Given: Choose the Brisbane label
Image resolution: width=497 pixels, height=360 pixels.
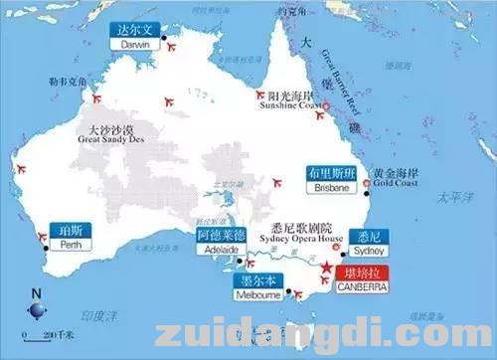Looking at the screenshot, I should tap(330, 179).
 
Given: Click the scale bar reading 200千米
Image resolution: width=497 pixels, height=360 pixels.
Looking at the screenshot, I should tap(38, 336).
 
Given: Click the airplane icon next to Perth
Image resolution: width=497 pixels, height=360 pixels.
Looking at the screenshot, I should tap(43, 237).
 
